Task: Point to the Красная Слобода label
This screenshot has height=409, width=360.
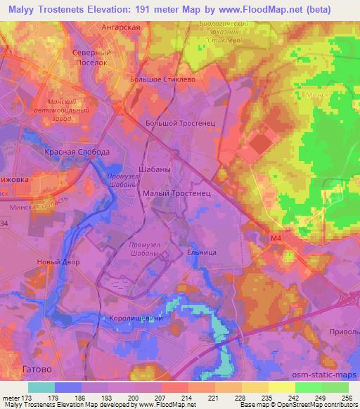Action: [77, 152]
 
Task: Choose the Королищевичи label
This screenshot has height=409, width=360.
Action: [135, 318]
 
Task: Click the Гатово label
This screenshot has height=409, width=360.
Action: [37, 368]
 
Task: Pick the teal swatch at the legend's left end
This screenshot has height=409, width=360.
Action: [41, 387]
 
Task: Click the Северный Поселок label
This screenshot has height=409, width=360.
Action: [94, 57]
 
